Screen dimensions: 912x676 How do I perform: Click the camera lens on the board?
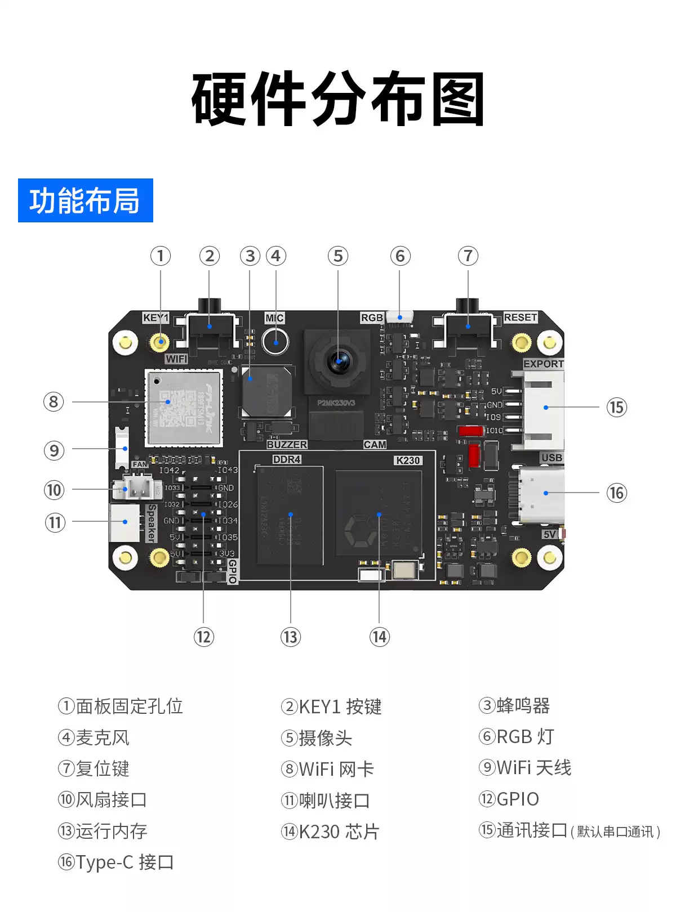339,361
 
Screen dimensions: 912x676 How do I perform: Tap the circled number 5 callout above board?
338,256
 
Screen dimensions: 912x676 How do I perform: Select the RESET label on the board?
520,318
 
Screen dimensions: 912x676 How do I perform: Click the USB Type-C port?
541,494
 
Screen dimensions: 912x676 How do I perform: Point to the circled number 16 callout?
616,493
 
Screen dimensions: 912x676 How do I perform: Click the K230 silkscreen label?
408,460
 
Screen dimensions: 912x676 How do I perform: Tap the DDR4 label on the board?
287,459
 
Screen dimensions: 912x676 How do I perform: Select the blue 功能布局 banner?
86,200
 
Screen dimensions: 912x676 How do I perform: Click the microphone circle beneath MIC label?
275,341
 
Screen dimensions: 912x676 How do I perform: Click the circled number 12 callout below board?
203,637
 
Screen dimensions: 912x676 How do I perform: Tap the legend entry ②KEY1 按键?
331,707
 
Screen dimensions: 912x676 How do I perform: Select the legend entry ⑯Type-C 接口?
116,862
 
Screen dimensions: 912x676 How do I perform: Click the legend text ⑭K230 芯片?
331,831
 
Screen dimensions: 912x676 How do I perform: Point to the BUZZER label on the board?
287,444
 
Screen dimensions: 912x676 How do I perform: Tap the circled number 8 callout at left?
54,402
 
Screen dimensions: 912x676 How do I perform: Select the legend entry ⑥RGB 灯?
517,736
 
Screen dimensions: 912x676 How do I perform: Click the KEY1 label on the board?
155,318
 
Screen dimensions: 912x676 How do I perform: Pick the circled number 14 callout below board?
379,637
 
